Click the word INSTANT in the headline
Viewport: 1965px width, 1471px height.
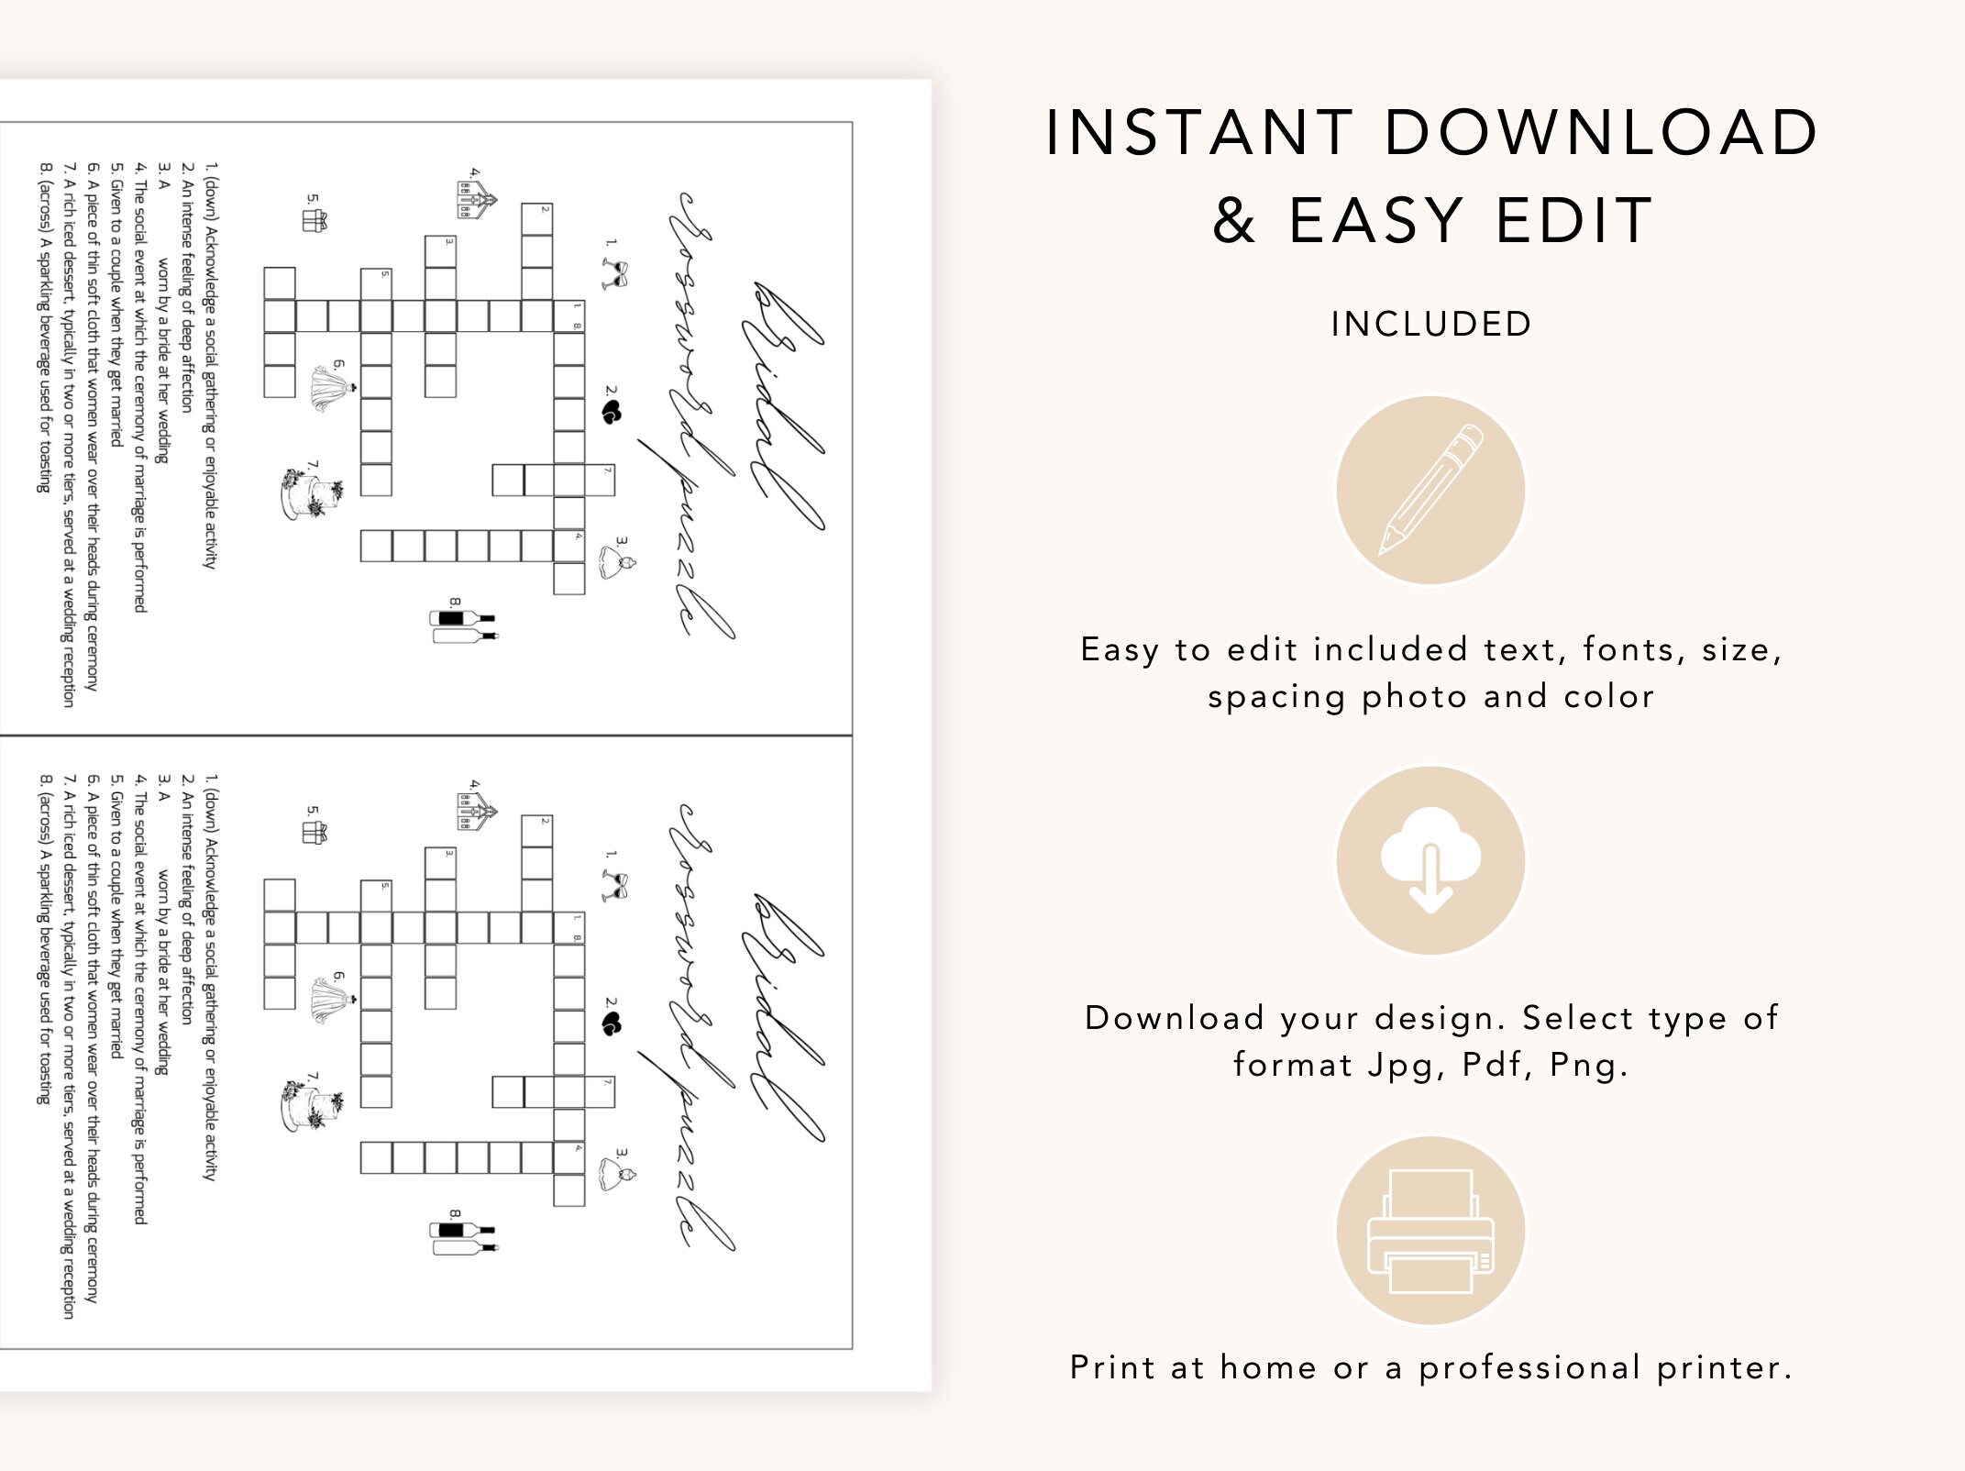(1199, 133)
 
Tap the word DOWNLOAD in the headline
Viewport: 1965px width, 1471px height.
(1601, 133)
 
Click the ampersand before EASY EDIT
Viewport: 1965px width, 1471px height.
(1234, 221)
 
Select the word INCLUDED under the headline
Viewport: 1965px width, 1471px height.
(1431, 324)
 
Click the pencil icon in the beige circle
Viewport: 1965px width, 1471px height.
(1430, 491)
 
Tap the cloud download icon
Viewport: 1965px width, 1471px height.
(1430, 860)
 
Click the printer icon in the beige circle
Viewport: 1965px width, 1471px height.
(1430, 1231)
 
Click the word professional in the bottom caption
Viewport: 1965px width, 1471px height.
(1529, 1367)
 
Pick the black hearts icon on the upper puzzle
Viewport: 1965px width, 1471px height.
(612, 413)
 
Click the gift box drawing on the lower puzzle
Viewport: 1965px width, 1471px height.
(315, 832)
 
